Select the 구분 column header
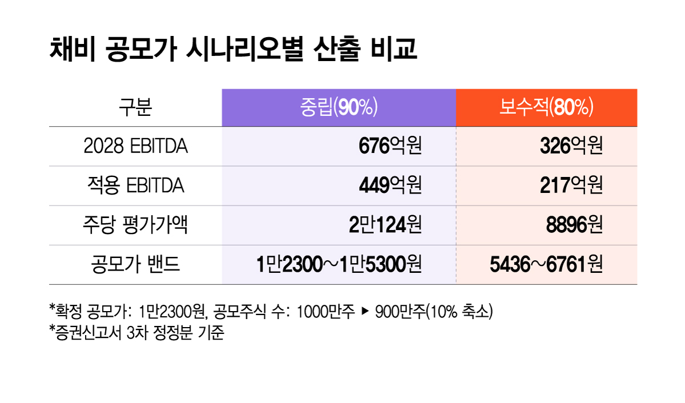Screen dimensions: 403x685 pos(135,107)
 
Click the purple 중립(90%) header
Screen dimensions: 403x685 pos(339,107)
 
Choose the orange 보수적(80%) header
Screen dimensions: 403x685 pos(546,107)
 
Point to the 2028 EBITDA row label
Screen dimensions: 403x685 pos(135,147)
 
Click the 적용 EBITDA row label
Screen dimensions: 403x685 pos(135,186)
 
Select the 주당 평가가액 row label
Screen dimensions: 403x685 pos(135,225)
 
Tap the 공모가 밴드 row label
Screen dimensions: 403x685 pos(135,265)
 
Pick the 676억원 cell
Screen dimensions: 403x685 pos(390,147)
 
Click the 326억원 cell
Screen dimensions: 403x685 pos(571,147)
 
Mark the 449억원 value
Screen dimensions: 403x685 pos(390,186)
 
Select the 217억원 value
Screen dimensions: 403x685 pos(571,186)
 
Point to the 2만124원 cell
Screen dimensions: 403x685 pos(385,225)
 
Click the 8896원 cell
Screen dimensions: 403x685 pos(574,225)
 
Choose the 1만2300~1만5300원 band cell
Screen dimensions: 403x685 pos(339,265)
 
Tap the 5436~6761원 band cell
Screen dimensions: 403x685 pos(546,265)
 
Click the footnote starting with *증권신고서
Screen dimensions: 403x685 pos(137,332)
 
